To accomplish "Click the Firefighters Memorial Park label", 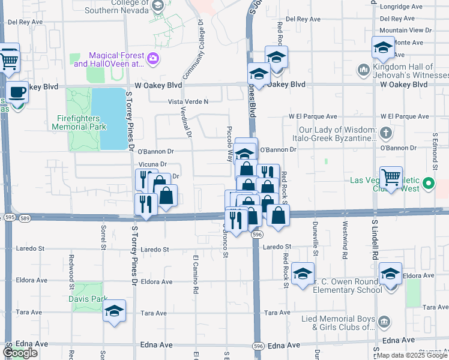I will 79,122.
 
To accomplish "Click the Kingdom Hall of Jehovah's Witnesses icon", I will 363,70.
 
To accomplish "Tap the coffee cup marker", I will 18,92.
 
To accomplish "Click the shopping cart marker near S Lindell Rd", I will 391,177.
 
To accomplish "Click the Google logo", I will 20,353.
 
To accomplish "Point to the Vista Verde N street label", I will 188,102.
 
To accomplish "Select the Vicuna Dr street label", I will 152,164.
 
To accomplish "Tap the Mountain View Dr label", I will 405,30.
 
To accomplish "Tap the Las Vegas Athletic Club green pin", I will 429,183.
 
